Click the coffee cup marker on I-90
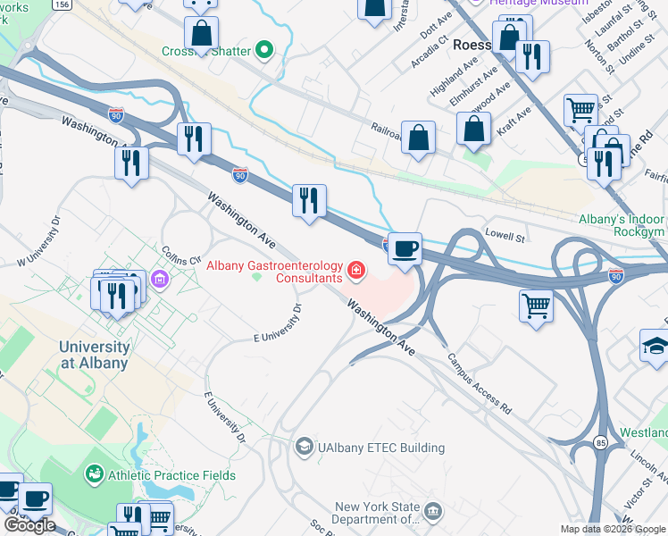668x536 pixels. coord(405,248)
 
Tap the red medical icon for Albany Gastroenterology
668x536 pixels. coord(356,269)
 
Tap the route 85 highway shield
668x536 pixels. coord(597,440)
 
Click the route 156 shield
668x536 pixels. coord(62,4)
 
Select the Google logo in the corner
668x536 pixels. coord(29,525)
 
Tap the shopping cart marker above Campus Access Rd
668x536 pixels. coord(536,306)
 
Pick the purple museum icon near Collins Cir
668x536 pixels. coord(160,281)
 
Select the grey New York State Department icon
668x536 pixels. coord(434,512)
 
